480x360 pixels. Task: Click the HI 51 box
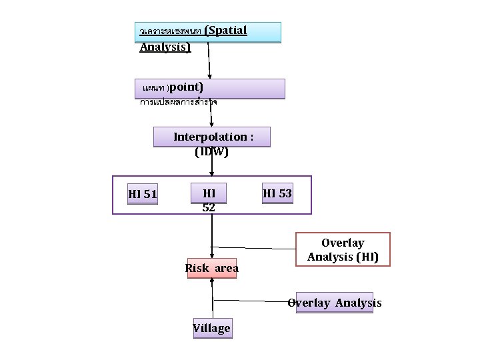click(143, 194)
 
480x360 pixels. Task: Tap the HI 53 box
click(277, 193)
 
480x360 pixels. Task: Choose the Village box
click(212, 327)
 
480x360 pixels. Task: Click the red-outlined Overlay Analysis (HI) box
click(342, 249)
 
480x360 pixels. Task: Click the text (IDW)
click(211, 151)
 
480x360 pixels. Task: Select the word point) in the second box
click(187, 87)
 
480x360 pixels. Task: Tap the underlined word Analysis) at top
click(165, 47)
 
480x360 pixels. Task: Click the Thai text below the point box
click(178, 103)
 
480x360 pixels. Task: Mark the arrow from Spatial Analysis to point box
click(209, 60)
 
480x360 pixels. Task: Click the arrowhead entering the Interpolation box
click(212, 123)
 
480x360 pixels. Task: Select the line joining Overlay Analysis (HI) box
click(253, 247)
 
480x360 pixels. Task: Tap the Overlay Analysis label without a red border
click(334, 303)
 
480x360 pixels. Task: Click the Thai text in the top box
click(170, 31)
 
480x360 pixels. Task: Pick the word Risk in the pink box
click(197, 268)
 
